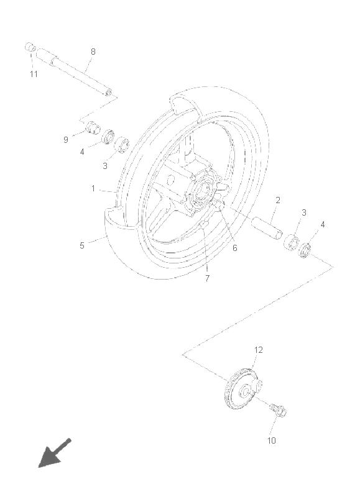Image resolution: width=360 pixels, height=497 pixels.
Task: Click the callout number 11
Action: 34,74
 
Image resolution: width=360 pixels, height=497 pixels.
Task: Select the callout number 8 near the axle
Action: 93,52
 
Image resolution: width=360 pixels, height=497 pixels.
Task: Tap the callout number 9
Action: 66,140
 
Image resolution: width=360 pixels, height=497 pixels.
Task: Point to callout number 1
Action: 93,189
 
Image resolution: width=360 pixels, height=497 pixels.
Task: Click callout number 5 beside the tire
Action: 82,245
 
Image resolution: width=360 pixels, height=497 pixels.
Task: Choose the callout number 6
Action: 234,248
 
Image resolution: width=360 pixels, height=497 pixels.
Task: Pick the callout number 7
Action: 207,278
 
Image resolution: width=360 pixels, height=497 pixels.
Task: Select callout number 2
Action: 278,200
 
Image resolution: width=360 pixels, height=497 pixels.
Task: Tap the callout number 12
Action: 259,350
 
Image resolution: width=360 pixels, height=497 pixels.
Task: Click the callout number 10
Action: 272,440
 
